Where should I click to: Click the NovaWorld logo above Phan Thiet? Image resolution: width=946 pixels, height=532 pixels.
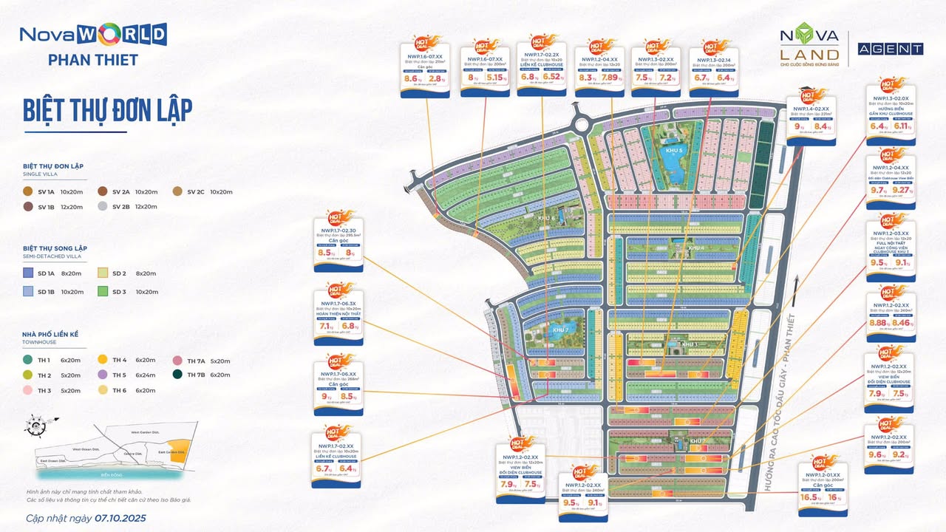point(93,35)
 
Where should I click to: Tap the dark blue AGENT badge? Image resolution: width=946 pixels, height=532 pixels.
point(890,49)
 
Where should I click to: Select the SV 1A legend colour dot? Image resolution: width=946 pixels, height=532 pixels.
point(28,191)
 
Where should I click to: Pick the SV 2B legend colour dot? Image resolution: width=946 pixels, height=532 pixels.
point(103,207)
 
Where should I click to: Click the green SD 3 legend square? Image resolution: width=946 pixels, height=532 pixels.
point(103,292)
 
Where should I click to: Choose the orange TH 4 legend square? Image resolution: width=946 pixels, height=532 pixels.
point(103,360)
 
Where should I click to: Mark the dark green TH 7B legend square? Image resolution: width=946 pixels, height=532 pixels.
point(177,375)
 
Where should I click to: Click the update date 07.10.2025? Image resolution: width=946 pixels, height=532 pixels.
point(120,518)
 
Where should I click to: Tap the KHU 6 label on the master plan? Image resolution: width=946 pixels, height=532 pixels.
point(546,219)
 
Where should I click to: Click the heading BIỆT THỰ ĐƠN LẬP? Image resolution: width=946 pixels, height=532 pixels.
point(107,110)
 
